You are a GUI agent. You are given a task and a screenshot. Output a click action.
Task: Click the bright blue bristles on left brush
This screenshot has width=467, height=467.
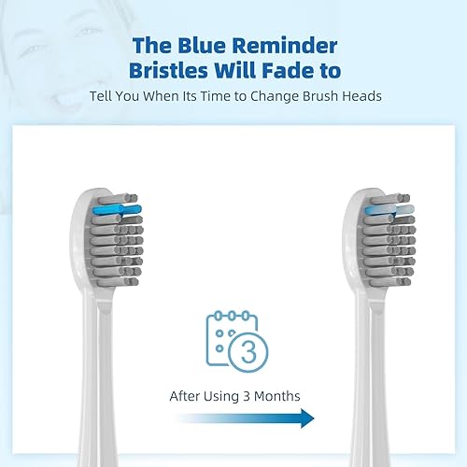117,209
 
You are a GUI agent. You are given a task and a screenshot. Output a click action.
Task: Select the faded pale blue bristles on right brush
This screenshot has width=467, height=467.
380,210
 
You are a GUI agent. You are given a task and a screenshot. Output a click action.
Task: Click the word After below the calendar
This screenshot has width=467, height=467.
187,396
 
